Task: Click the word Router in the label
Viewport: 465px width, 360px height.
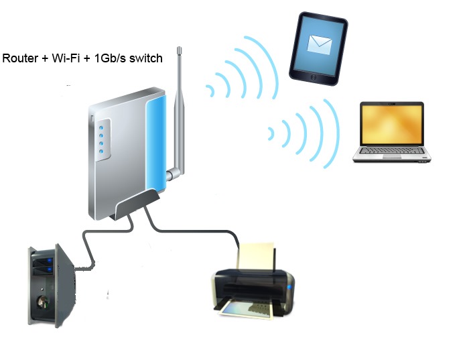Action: [20, 58]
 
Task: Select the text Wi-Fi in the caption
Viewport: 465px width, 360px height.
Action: [65, 58]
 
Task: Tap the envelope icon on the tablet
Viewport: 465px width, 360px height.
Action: [319, 44]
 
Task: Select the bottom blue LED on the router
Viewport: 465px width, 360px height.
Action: [102, 152]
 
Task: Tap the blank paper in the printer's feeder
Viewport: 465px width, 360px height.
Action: [257, 255]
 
